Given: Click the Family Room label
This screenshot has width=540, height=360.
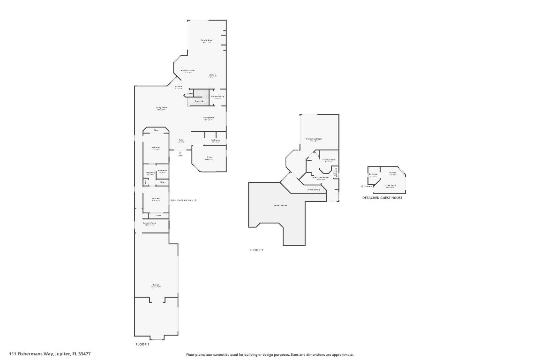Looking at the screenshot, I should pos(207,41).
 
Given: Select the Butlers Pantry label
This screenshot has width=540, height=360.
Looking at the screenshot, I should pos(217,97).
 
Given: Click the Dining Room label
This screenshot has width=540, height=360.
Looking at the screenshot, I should pos(209,118).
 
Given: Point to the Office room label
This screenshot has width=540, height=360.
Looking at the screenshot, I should pos(209,158).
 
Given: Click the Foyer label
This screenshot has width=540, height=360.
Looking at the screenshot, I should pos(180,141).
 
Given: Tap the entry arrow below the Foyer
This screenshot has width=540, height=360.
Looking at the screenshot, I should pos(180,152).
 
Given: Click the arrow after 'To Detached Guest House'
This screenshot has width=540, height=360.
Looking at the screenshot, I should pos(195,200).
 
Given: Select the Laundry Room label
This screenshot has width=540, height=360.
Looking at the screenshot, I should pos(150,224).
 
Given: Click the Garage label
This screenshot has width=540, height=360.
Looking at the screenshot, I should pos(156,285).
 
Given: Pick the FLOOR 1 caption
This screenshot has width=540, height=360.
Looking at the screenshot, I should pos(142,344).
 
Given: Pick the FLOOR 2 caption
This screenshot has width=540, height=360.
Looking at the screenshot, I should pos(256,250).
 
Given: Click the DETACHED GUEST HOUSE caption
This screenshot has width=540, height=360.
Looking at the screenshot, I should pos(382,198).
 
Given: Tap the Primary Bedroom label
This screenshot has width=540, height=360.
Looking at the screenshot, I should pos(314,139).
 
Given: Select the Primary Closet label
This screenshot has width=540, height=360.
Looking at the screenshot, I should pos(330,160).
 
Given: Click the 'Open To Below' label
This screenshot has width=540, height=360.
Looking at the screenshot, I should pos(281,206).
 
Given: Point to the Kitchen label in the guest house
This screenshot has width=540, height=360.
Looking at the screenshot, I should pos(392,173).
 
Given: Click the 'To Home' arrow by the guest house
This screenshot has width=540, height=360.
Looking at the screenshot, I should pos(361,186).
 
